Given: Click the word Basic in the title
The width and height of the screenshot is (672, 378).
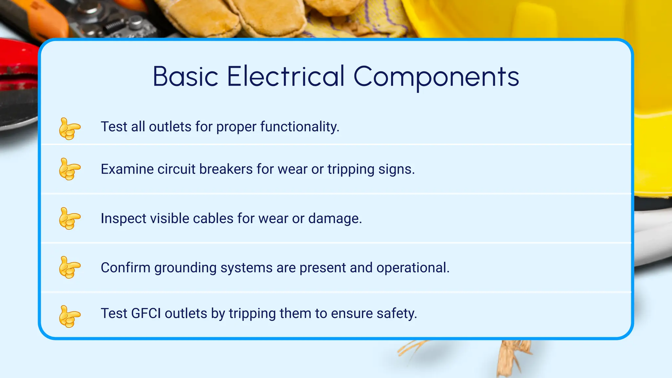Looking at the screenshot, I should click(x=185, y=76).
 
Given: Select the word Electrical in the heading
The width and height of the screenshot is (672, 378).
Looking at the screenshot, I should click(x=285, y=76).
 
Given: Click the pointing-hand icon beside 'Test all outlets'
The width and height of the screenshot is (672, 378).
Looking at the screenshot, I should click(x=70, y=128).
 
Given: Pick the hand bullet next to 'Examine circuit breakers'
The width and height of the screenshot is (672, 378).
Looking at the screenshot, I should click(x=70, y=169).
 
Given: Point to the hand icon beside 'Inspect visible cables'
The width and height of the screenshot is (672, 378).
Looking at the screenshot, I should click(x=70, y=218).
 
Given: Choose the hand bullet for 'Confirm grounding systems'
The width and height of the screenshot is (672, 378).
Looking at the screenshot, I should click(x=70, y=267).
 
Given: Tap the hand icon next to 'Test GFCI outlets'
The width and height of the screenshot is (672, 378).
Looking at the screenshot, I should click(x=70, y=316).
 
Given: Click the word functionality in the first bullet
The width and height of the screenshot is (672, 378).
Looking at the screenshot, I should click(x=300, y=127).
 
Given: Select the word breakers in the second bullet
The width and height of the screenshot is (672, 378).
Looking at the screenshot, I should click(x=226, y=169).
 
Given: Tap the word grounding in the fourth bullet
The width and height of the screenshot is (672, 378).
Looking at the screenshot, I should click(x=185, y=268).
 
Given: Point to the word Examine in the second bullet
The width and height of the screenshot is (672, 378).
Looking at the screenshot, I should click(x=127, y=169).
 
